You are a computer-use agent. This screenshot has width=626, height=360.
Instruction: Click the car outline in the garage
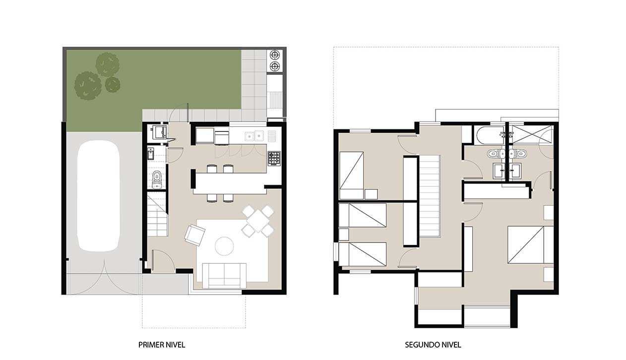point(98,196)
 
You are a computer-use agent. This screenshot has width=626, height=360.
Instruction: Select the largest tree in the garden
point(88,86)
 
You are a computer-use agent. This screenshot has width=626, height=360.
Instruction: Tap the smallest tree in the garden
point(113,84)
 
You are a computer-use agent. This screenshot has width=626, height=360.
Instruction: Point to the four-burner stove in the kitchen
point(274,158)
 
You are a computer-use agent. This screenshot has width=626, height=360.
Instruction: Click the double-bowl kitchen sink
point(254,136)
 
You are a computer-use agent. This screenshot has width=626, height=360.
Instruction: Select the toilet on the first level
point(157,180)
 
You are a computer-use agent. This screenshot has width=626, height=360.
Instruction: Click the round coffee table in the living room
point(224,246)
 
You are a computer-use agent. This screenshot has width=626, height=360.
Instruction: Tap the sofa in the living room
point(224,276)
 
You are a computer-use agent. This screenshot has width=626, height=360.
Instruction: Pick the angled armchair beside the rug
point(195,235)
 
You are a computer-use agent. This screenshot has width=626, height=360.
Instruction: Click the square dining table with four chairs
point(258,221)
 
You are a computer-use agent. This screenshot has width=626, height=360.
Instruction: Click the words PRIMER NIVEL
point(162,345)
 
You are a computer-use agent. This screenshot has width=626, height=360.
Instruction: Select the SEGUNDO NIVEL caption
point(433,345)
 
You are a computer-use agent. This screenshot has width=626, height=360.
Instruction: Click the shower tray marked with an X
point(531,134)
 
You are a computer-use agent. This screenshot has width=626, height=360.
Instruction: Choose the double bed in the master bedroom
point(530,244)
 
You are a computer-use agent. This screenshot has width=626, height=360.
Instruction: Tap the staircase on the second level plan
point(430,196)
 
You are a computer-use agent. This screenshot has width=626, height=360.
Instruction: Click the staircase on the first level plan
point(157,214)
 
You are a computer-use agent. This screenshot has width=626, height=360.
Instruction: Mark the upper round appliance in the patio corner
point(275,54)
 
